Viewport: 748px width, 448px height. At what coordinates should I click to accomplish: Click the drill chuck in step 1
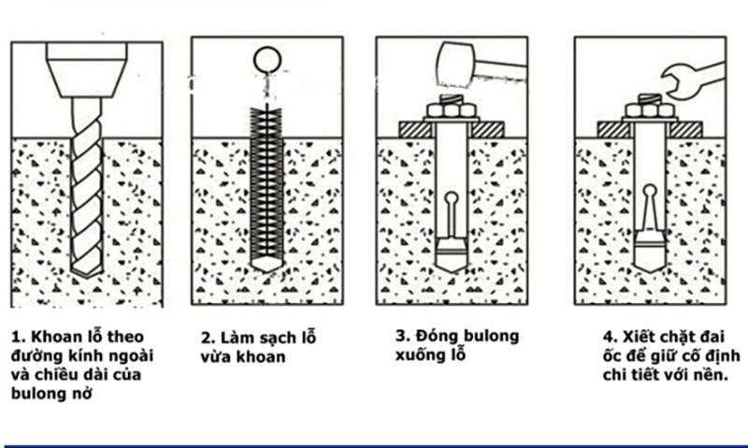click(x=86, y=69)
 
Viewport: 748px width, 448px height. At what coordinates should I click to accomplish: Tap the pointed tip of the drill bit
click(x=86, y=277)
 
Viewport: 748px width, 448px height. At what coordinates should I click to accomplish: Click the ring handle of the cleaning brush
click(x=267, y=60)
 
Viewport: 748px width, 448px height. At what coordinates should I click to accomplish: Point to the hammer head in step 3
click(x=455, y=65)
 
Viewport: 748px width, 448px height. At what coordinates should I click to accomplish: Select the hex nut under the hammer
click(x=452, y=110)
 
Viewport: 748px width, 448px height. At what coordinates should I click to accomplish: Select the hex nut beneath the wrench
click(x=650, y=110)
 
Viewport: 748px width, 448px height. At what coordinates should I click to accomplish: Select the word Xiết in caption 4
click(x=640, y=337)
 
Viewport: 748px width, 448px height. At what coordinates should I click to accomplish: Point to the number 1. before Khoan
click(x=18, y=337)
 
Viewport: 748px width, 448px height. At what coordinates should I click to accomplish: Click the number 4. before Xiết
click(x=611, y=337)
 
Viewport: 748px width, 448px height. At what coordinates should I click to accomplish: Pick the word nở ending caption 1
click(x=82, y=394)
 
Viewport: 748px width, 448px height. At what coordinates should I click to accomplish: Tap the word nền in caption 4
click(x=712, y=374)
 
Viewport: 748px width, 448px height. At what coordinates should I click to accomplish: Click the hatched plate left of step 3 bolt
click(x=415, y=130)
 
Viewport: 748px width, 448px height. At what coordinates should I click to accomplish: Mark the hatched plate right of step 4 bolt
click(x=685, y=130)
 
